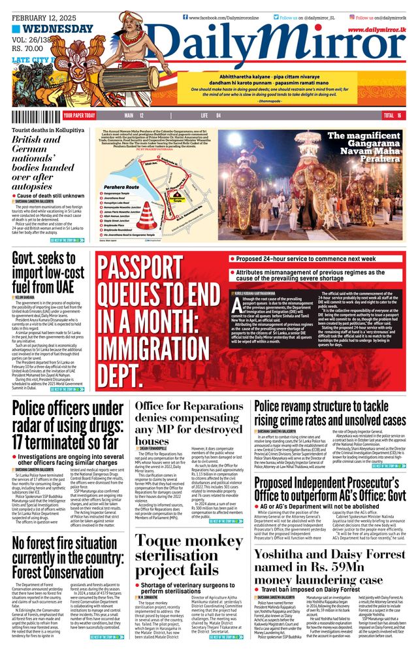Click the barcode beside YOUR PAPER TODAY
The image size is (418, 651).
(x=37, y=115)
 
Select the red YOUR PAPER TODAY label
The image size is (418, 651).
(x=79, y=115)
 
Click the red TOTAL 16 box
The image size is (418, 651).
(x=393, y=115)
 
